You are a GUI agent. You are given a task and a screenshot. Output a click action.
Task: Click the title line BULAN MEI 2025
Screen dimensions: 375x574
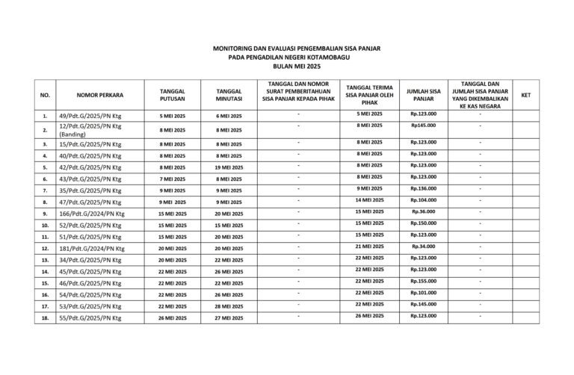286,66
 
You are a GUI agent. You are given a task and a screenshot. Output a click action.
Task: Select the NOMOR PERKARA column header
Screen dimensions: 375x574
99,96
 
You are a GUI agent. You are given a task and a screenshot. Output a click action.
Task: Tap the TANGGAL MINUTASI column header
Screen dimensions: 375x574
229,96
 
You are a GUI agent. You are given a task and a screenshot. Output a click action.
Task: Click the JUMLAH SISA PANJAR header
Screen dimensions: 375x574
424,95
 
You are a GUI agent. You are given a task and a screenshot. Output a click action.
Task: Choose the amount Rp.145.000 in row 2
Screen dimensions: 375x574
424,125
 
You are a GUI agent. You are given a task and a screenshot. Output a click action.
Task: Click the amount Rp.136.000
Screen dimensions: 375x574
424,188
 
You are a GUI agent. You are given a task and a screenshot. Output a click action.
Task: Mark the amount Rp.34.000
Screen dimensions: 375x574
424,246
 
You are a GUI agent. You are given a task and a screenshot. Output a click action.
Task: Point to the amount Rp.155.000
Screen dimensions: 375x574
424,281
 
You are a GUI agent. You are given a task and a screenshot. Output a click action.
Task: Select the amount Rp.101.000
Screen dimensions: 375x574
424,293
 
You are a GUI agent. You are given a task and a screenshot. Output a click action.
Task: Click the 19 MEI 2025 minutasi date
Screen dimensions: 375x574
229,167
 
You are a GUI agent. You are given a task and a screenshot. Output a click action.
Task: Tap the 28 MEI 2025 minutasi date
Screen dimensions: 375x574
229,306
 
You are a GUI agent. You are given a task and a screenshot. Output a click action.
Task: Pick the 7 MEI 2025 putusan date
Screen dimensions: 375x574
173,179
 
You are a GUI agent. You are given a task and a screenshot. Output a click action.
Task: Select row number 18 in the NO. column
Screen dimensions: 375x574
45,318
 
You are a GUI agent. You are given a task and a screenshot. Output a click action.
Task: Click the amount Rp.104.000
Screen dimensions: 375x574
424,200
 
